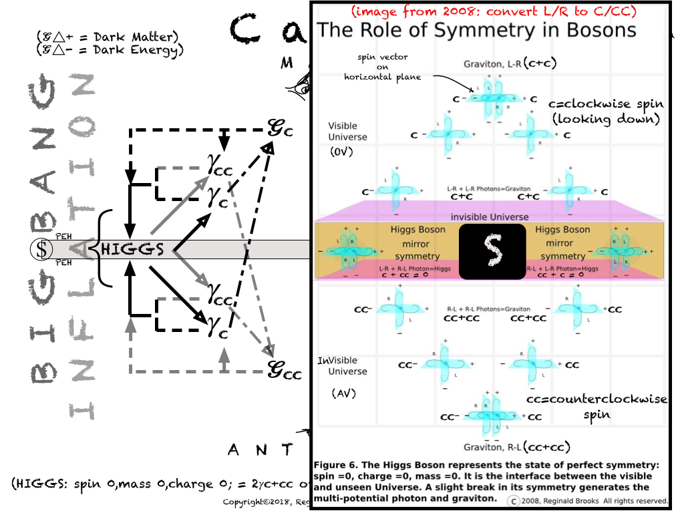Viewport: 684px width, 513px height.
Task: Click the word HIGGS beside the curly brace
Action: point(132,250)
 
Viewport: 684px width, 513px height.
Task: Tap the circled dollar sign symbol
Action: point(42,250)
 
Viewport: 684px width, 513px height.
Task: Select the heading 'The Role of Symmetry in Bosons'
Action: point(476,30)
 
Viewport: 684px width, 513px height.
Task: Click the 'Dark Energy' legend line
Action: point(110,49)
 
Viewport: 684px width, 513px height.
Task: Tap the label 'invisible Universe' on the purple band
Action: point(490,216)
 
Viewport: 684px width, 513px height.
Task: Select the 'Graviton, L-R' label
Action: point(493,64)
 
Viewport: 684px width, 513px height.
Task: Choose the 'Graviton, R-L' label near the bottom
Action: point(493,446)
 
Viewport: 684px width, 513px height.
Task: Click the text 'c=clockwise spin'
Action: point(606,104)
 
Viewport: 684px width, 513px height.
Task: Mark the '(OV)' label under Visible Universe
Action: point(341,152)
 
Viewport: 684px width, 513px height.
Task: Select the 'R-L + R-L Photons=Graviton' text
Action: point(489,309)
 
